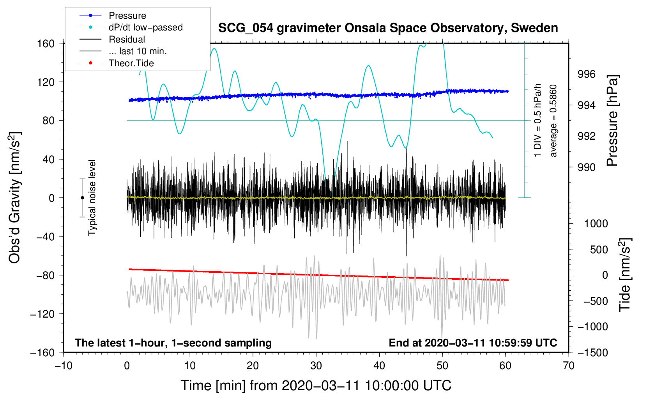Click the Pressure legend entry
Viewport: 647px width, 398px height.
[x=127, y=16]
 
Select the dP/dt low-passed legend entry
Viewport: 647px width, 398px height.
[x=145, y=27]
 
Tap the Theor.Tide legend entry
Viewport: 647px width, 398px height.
[x=131, y=63]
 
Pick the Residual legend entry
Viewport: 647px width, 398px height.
[x=127, y=39]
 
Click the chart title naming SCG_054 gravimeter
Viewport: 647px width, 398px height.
[x=388, y=28]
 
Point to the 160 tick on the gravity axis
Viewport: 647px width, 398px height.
[x=46, y=43]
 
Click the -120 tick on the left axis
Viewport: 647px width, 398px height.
[x=43, y=314]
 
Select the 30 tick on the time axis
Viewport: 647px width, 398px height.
[x=316, y=366]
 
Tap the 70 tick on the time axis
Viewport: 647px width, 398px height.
[x=569, y=366]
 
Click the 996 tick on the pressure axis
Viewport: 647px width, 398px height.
[x=586, y=74]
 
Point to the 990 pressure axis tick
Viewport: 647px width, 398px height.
[x=586, y=167]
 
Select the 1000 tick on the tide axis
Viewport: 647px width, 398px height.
[x=596, y=224]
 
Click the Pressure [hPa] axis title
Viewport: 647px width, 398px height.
[x=613, y=121]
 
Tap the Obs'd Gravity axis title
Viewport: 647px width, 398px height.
[x=14, y=197]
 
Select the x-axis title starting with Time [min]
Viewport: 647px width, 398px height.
[x=316, y=386]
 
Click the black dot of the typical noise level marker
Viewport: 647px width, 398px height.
[x=82, y=198]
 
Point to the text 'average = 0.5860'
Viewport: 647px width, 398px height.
[x=553, y=121]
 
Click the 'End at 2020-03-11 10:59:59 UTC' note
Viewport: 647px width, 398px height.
[x=473, y=343]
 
